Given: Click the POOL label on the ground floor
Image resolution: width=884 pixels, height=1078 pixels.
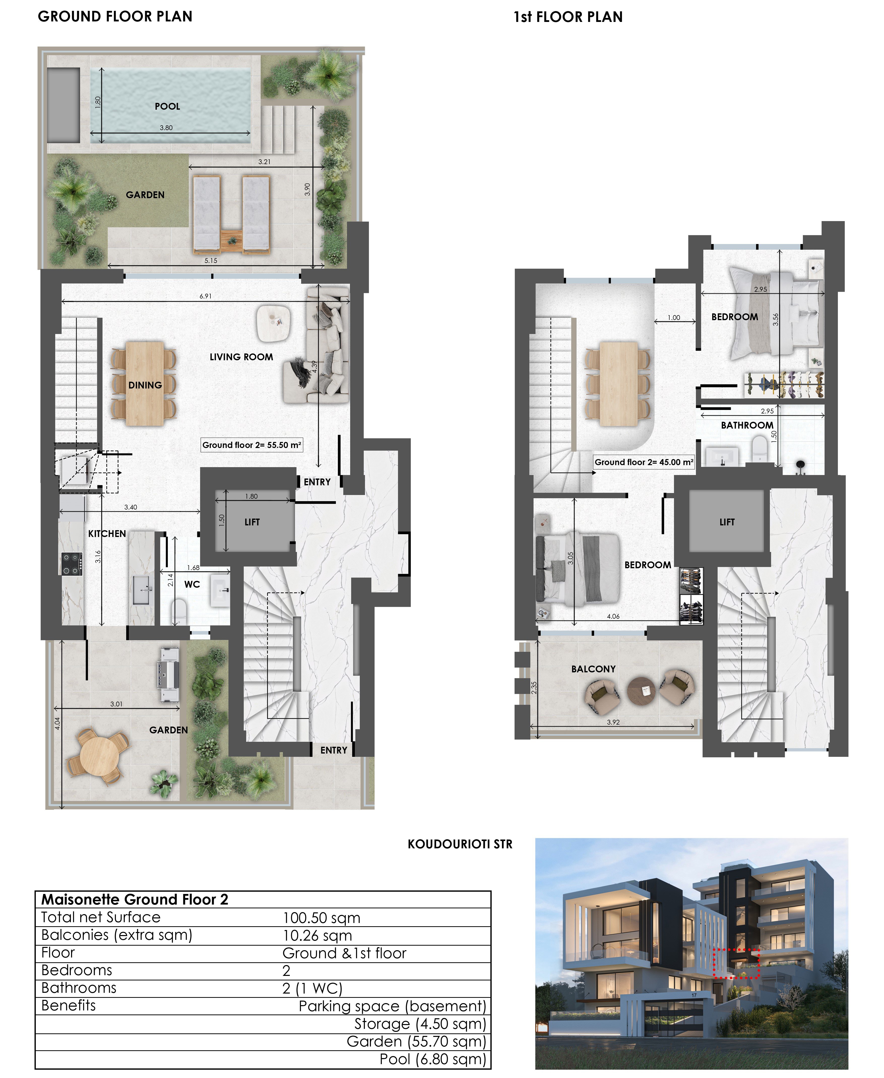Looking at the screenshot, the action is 168,106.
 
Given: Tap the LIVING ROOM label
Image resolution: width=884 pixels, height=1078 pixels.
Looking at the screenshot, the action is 241,357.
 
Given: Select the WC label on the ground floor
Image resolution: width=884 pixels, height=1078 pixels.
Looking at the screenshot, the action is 192,584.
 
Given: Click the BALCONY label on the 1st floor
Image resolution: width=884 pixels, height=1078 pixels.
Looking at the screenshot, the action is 593,669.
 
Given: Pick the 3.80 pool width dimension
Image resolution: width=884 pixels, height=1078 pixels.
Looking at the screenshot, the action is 166,128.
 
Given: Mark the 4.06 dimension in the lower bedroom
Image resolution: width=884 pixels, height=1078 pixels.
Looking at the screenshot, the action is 613,616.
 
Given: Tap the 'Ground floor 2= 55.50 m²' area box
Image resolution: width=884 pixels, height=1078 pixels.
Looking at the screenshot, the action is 252,445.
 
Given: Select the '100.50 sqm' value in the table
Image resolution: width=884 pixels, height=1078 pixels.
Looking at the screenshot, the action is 321,918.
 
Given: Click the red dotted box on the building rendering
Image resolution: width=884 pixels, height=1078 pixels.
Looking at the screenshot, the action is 736,964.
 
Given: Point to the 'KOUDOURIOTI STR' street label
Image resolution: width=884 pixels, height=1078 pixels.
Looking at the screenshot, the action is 460,844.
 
